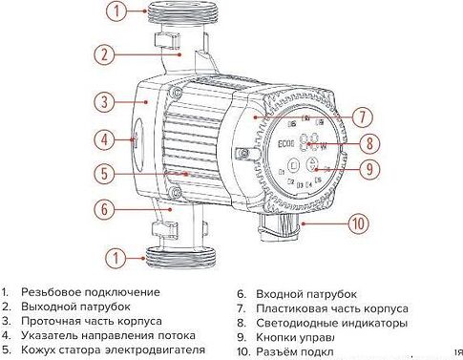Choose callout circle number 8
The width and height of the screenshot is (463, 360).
[x=368, y=144]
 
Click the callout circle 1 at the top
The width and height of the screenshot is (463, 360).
[x=116, y=12]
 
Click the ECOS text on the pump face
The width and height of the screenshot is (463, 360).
[x=286, y=147]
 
